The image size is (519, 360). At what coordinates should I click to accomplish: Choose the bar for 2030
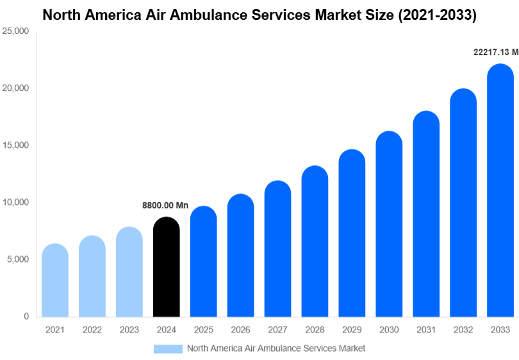coord(389,224)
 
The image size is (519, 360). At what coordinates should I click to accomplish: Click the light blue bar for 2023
coord(129,272)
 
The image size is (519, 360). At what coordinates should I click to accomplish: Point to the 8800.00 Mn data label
coord(165,206)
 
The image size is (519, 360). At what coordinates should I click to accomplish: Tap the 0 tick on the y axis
coord(26,316)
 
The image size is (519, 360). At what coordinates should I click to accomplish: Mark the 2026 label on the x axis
coord(240,330)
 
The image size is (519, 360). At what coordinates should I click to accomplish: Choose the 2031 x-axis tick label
coord(426,330)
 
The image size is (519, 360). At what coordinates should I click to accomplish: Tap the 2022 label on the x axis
coord(92,330)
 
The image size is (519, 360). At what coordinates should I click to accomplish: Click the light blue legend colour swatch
coord(168,348)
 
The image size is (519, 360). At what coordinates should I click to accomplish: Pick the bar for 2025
coord(204,262)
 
